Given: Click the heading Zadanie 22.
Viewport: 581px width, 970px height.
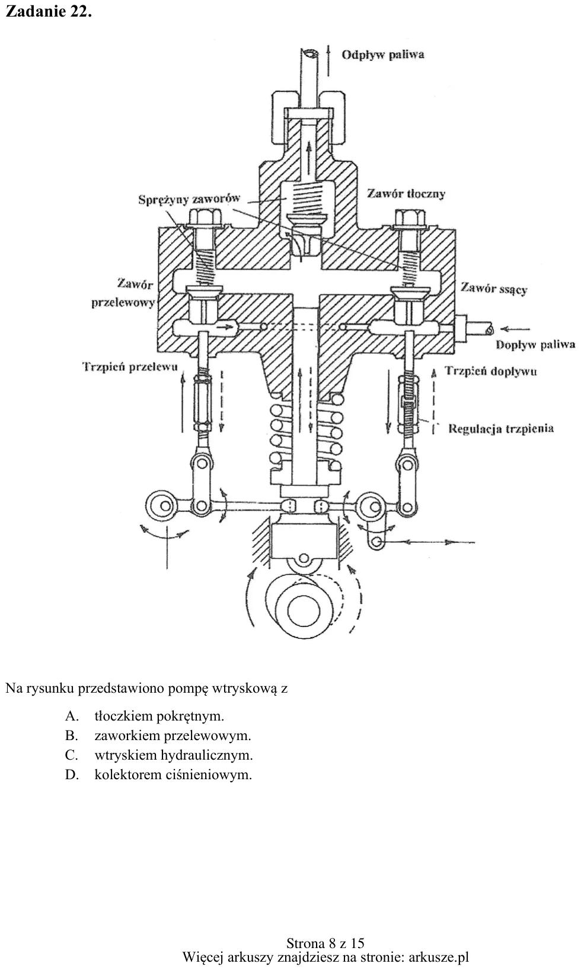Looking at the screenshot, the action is pos(49,11).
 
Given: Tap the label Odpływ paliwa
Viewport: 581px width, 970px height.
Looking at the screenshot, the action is pos(382,55).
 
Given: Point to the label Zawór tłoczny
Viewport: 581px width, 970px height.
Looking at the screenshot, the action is pos(406,193).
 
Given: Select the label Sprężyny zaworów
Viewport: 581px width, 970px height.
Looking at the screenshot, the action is pos(189,199).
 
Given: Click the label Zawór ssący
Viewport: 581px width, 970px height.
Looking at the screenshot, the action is pos(494,289).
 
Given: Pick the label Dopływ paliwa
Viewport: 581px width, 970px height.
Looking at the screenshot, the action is pos(535,345).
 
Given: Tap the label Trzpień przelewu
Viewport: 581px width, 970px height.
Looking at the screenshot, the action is pos(130,367).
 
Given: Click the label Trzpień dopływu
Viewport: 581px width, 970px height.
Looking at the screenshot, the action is pos(491,371).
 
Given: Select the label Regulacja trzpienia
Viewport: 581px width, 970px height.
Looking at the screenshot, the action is pos(501,428).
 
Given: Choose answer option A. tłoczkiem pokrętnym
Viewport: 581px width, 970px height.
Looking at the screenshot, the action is pos(145,716).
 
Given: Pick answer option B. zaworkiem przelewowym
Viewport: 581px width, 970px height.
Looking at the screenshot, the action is pos(158,735).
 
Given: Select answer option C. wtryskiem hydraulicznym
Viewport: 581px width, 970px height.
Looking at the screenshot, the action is pos(159,755).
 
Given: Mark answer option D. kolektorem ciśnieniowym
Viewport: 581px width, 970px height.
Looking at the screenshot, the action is pos(158,774).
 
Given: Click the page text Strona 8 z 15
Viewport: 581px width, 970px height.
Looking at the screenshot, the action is pos(325,943).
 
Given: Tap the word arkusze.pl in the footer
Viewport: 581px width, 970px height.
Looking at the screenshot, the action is pos(439,956).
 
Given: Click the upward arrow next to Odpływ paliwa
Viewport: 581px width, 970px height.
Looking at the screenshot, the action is pos(328,60).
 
